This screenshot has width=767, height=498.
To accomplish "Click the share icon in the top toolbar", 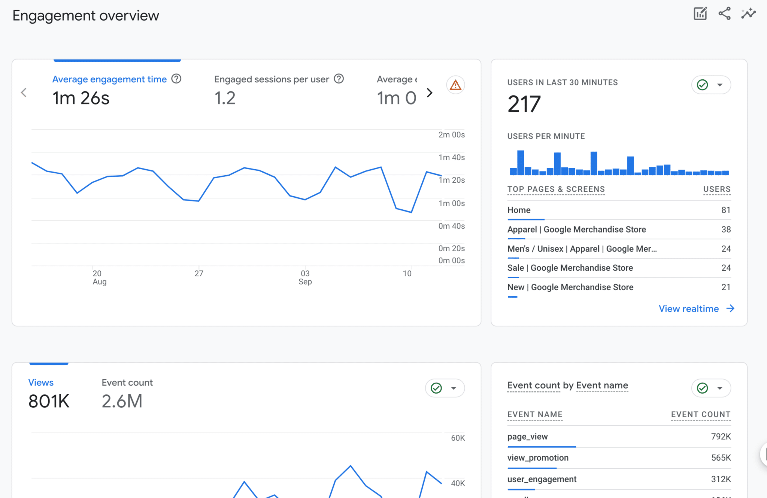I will click(x=724, y=14).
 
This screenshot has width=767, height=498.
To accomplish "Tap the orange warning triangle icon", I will click(x=455, y=85).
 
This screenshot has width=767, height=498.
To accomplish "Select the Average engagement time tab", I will click(x=109, y=79).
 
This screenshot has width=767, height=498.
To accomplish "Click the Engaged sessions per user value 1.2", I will click(x=225, y=98).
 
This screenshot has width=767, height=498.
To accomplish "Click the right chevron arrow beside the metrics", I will click(x=430, y=92).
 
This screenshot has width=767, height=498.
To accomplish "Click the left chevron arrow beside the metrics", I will click(x=24, y=92).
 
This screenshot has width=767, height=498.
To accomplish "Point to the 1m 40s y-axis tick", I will click(x=451, y=158).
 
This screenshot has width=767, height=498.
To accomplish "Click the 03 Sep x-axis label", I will click(x=305, y=277).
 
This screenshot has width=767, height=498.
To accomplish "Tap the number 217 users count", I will click(x=524, y=104).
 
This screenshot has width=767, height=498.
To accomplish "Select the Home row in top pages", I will click(x=519, y=210).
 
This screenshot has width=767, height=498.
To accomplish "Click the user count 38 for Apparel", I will click(x=726, y=230).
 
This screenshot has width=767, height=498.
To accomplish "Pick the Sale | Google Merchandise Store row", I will click(x=570, y=268).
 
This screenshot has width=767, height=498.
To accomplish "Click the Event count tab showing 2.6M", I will click(x=127, y=393).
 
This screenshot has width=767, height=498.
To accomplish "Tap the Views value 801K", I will click(x=49, y=401).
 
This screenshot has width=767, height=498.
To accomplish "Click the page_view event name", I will click(x=527, y=437).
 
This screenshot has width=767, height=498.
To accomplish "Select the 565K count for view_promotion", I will click(x=721, y=458).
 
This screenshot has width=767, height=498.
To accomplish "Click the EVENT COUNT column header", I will click(x=700, y=415).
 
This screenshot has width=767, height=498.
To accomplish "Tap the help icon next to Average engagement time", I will click(x=176, y=79).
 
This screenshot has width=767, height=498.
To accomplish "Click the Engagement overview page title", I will click(x=86, y=16).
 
